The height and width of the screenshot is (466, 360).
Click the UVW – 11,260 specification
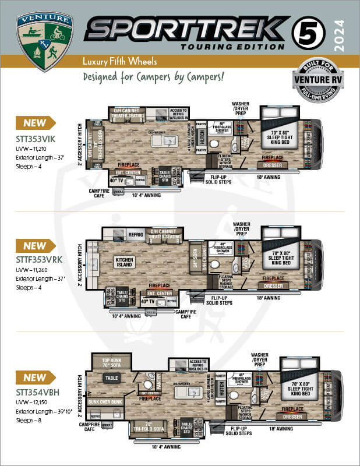[34, 270]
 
